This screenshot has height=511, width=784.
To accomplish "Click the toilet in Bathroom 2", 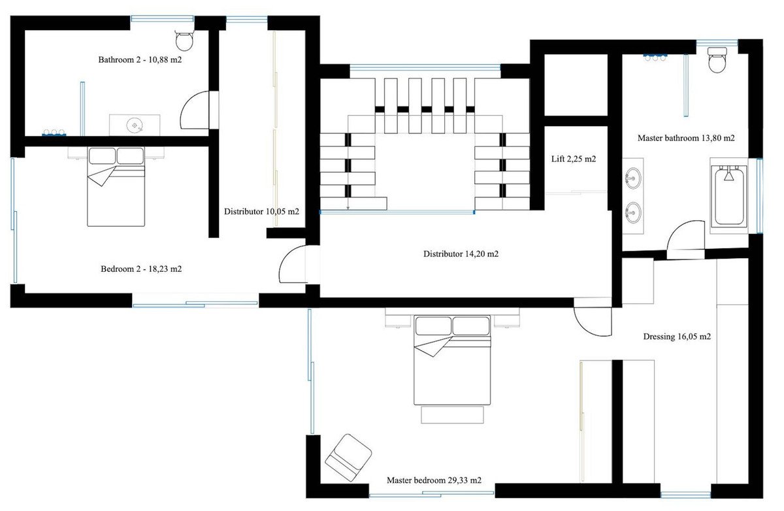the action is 184,41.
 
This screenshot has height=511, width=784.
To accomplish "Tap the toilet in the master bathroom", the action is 717,59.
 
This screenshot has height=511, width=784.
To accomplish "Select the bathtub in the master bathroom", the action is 729,195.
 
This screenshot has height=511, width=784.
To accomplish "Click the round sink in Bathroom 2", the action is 135,125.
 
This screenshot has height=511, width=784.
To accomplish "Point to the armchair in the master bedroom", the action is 348,458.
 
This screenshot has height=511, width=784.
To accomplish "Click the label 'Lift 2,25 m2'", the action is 574,159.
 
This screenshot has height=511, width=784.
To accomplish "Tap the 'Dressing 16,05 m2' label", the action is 677,337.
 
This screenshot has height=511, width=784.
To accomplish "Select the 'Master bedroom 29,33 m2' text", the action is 434,480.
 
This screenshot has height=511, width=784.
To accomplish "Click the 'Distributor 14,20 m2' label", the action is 461,254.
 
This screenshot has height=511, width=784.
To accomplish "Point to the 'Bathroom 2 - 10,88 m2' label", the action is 140,60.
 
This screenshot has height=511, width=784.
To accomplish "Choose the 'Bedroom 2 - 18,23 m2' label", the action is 141,269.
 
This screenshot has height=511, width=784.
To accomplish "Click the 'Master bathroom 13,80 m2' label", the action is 686,139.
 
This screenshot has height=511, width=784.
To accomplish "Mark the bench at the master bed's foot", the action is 452,415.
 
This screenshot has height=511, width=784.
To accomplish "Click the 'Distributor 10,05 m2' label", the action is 261,212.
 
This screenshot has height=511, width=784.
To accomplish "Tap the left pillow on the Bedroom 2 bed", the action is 102,156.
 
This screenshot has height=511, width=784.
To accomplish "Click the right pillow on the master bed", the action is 471,326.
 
